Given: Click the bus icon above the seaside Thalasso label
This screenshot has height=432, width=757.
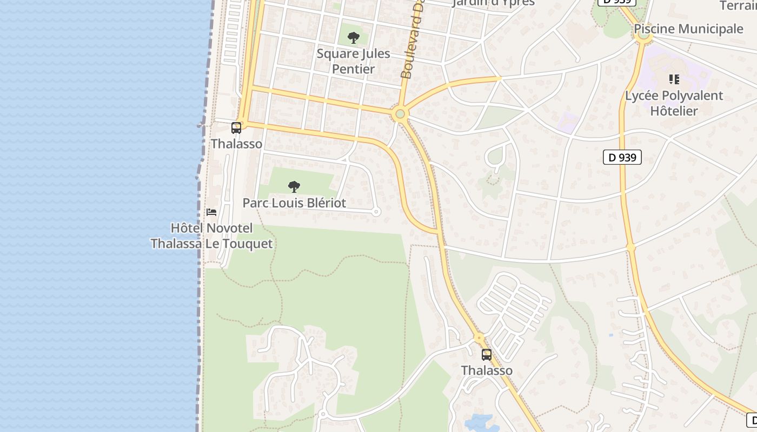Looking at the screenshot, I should (x=236, y=128).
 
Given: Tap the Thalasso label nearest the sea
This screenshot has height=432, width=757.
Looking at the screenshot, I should (x=236, y=144).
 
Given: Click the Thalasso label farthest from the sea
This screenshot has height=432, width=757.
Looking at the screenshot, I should (x=487, y=370).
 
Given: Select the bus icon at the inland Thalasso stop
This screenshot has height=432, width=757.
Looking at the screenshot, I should (x=487, y=355).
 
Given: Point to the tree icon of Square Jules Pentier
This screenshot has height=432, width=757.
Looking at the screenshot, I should (x=354, y=38).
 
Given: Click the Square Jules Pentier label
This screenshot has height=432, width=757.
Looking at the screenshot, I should (x=353, y=62).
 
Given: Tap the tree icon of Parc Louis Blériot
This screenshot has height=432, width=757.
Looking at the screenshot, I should (x=294, y=187).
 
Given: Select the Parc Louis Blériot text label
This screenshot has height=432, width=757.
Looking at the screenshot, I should (x=294, y=203).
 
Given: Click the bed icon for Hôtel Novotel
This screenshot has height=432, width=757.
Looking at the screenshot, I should (x=211, y=212).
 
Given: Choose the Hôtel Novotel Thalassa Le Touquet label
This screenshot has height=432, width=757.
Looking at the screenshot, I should (x=211, y=236).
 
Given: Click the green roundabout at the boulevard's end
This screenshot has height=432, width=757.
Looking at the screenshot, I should (x=400, y=114).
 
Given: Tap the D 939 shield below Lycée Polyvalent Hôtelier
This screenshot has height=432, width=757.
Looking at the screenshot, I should (x=622, y=157).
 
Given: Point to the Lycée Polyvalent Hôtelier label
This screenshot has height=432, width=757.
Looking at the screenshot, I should (x=674, y=103).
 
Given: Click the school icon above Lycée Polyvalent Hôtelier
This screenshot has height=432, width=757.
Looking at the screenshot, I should (x=674, y=80).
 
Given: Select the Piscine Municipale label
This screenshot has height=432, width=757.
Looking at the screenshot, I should (x=688, y=29).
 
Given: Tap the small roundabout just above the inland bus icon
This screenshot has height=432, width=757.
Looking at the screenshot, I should (x=479, y=338).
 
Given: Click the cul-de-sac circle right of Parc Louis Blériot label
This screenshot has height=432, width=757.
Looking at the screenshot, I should (x=376, y=212).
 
